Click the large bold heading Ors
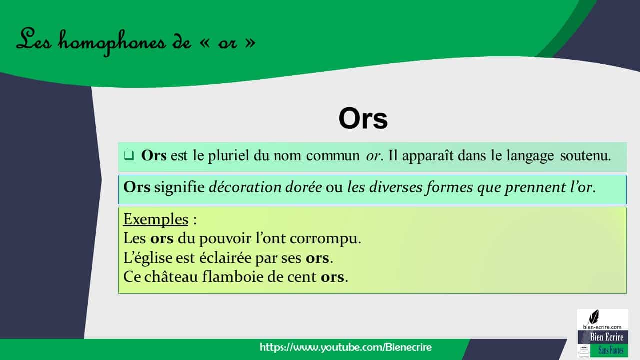coord(363,119)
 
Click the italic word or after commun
coord(373,155)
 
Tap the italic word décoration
coord(239,187)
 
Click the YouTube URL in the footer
coord(346,347)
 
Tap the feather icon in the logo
coord(594,316)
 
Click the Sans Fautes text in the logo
coord(610,351)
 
